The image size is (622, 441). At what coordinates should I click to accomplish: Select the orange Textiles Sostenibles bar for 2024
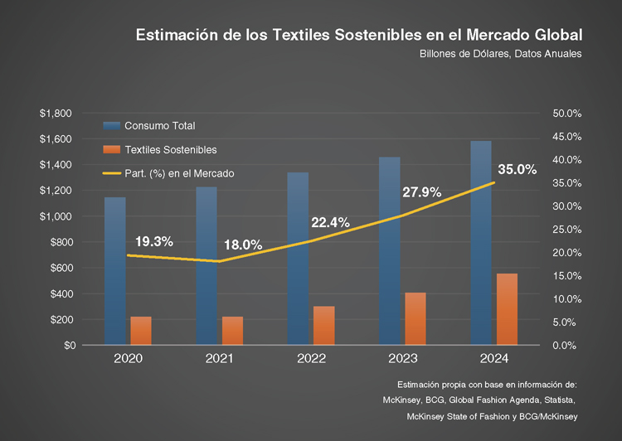coord(507,308)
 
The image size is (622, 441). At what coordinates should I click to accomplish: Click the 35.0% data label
coord(518,169)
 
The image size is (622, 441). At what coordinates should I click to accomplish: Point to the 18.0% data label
coord(243,245)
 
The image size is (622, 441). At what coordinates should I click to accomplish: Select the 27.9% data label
coord(422,192)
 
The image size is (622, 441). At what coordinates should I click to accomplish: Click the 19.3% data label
coord(153,241)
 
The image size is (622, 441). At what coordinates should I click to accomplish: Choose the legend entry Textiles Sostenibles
coord(170,150)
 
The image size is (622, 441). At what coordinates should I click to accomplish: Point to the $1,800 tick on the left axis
coord(56,113)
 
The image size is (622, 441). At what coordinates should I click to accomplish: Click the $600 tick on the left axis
coord(60,268)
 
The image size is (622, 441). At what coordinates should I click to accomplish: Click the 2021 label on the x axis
coord(219,359)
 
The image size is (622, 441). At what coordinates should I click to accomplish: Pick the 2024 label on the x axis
coord(493,359)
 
